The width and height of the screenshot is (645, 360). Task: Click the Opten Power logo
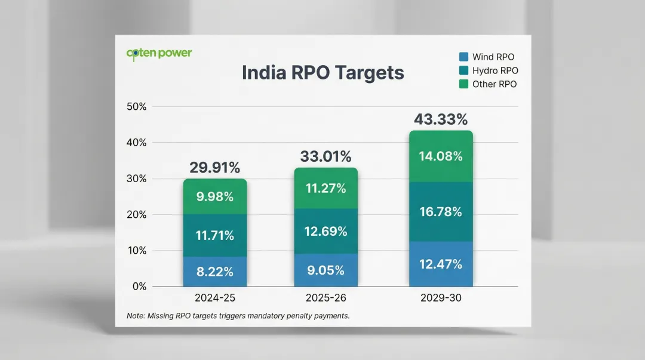[x=159, y=53]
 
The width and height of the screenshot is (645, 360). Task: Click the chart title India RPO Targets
[x=322, y=73]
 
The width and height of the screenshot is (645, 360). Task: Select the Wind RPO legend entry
[x=487, y=57]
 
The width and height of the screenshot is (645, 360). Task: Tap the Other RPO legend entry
[x=488, y=84]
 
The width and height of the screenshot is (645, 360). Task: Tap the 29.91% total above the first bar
[x=214, y=168]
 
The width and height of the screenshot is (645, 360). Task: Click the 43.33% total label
[x=441, y=119]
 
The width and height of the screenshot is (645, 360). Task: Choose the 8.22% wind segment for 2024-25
[x=214, y=272]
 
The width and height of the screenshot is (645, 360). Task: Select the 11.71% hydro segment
[x=214, y=235]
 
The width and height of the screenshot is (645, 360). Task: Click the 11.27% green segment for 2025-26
[x=325, y=189]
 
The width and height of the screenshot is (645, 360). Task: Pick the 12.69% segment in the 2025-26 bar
[x=325, y=231]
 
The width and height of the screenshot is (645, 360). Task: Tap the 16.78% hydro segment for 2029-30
[x=441, y=211]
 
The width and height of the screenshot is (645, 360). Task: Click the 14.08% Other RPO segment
[x=441, y=156]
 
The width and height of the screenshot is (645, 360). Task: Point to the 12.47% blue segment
[x=441, y=264]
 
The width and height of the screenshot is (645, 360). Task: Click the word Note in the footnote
[x=136, y=315]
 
